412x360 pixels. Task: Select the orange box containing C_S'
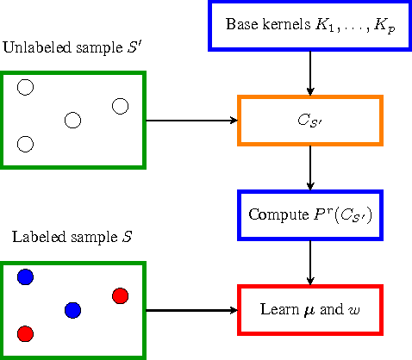tap(309, 120)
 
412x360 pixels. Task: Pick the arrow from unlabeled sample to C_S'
tap(190, 120)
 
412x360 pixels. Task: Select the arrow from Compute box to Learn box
tap(309, 261)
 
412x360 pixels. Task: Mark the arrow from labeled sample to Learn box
tap(190, 309)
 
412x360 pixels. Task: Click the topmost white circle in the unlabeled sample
tap(25, 87)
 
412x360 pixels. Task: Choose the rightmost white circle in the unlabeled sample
tap(120, 106)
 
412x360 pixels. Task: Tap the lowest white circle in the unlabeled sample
tap(25, 144)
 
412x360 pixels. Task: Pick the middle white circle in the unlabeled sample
tap(72, 120)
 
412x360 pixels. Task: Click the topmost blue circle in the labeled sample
tap(25, 276)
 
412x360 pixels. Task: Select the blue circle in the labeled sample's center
tap(72, 309)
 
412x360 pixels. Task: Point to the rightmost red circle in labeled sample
tap(120, 295)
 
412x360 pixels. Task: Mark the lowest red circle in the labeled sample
tap(25, 333)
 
